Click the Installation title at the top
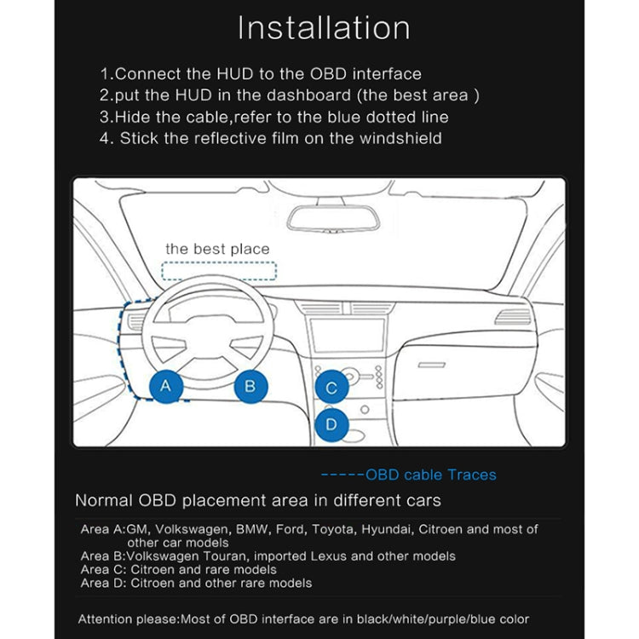click(x=323, y=27)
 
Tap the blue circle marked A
click(x=166, y=386)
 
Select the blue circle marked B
click(x=250, y=386)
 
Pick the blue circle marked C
click(x=331, y=388)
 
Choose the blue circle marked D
click(x=331, y=423)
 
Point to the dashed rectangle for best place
click(x=219, y=272)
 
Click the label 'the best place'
click(x=217, y=249)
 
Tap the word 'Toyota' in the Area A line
click(x=337, y=529)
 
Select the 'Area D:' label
click(x=104, y=583)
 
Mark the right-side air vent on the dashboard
click(x=513, y=319)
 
